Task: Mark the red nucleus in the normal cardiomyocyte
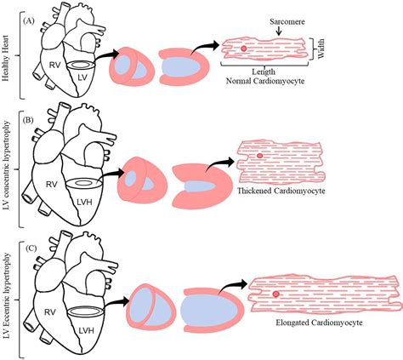pyautogui.click(x=245, y=50)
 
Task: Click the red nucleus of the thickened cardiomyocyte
pyautogui.click(x=259, y=157)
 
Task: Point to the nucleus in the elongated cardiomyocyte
pyautogui.click(x=275, y=294)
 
